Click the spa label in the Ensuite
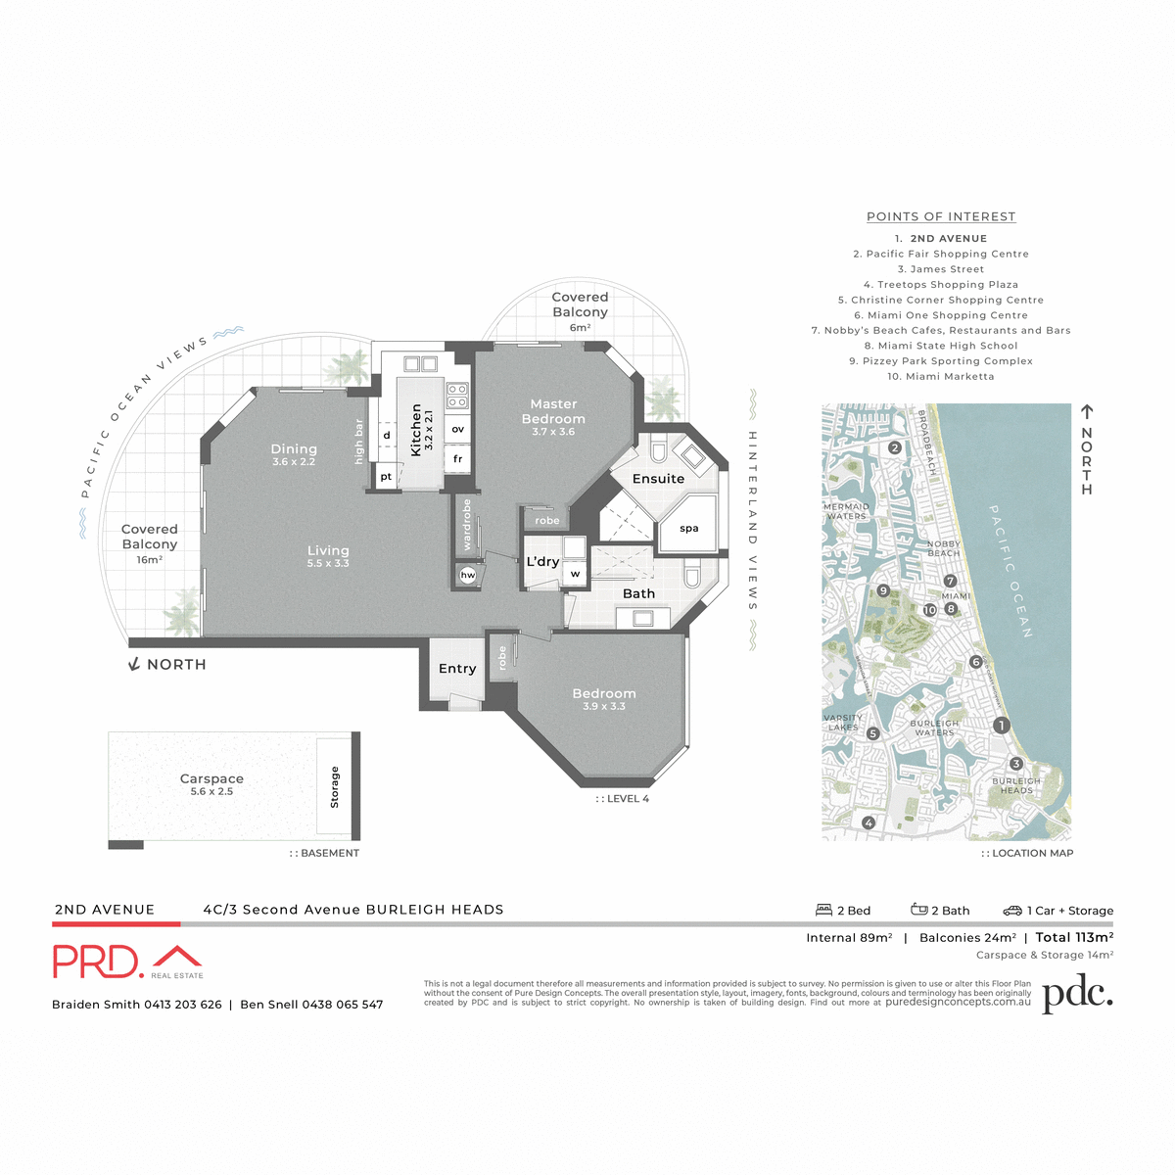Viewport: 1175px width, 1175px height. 689,529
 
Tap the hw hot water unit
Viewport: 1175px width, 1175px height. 468,575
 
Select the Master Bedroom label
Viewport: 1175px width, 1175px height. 553,411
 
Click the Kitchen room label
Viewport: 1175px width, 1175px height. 416,430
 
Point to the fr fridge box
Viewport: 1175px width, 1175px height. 457,459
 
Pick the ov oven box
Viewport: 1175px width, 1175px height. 457,430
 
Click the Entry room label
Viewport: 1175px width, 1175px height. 457,669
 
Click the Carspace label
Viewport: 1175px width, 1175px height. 211,779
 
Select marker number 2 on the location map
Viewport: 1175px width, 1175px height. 895,448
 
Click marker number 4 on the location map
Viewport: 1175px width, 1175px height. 869,823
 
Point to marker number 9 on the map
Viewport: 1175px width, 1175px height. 883,590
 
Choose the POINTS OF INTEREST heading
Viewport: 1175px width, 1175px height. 941,216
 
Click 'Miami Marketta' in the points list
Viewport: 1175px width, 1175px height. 941,376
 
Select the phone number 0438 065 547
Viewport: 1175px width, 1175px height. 342,1005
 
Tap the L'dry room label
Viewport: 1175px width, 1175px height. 542,562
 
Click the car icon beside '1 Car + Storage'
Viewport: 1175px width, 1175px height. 1012,910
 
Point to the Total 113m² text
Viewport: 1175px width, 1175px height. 1074,937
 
